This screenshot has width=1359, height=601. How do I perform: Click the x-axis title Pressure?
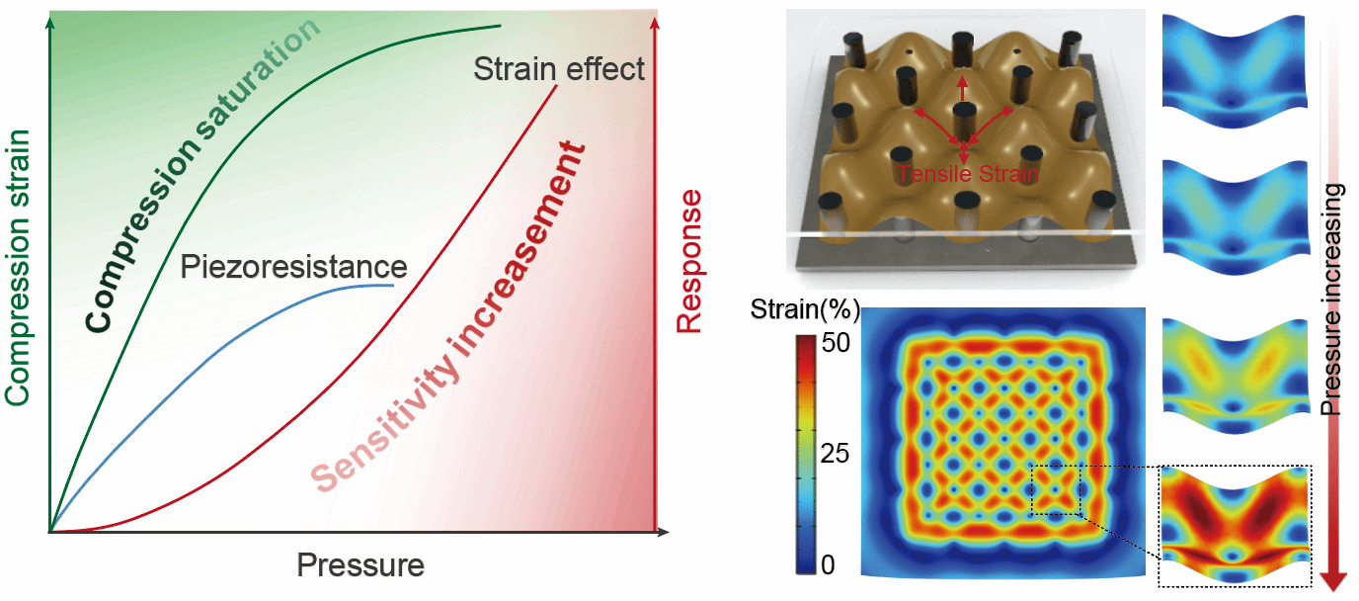(360, 565)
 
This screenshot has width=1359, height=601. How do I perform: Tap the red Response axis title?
(689, 261)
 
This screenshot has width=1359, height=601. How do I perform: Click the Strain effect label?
(559, 69)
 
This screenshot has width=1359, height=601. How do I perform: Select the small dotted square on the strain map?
(1056, 489)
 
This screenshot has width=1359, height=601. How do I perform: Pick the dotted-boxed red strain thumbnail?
(1235, 524)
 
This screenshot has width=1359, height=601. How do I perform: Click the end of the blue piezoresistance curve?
(393, 286)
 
